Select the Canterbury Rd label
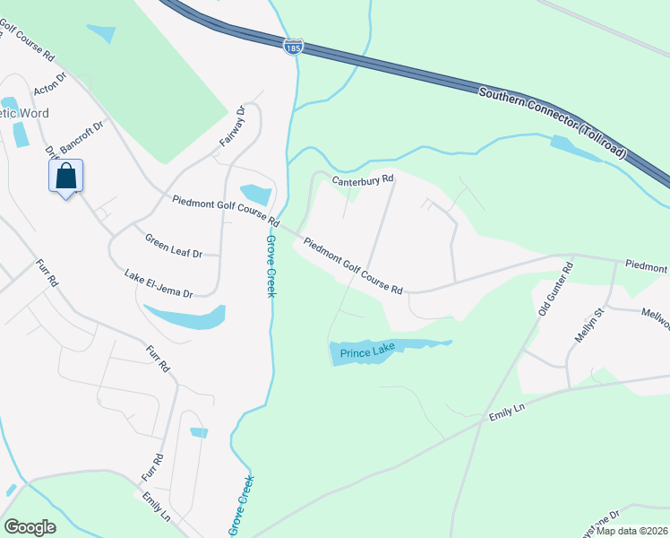363,180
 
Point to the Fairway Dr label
233,128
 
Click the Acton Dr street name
50,83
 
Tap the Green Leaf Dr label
174,242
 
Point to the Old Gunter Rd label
554,290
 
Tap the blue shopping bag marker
66,177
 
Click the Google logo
30,527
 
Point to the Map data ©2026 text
632,531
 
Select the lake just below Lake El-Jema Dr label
186,317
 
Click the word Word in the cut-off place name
32,113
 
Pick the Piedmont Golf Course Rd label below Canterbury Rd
353,265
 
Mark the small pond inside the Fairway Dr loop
256,194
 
